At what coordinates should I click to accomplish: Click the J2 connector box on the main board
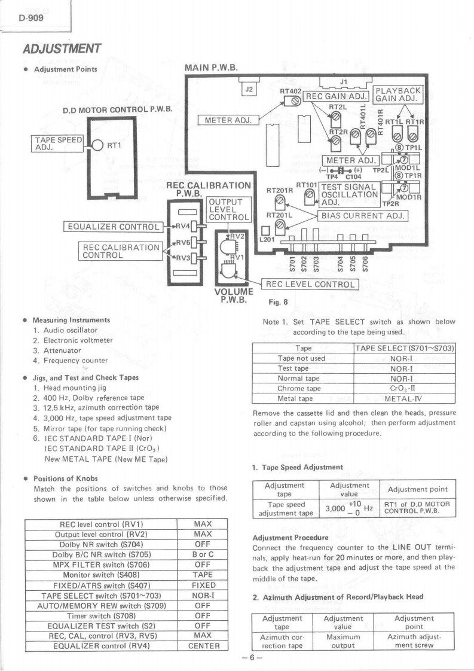point(249,90)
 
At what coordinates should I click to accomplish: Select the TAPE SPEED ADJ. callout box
point(58,144)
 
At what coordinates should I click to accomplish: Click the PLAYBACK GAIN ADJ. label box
point(398,94)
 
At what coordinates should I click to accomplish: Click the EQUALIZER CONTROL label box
point(114,227)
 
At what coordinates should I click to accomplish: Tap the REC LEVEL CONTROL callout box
point(310,284)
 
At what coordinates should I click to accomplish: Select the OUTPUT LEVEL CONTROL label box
point(229,210)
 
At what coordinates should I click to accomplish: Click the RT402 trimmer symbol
point(295,102)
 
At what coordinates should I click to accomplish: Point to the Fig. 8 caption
point(278,302)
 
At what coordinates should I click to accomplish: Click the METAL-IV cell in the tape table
point(403,398)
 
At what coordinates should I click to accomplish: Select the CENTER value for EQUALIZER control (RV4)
point(204,646)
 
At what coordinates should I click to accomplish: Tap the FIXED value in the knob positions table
point(204,585)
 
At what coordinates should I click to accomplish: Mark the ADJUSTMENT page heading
point(62,48)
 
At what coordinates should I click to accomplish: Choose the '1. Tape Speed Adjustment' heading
point(298,467)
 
